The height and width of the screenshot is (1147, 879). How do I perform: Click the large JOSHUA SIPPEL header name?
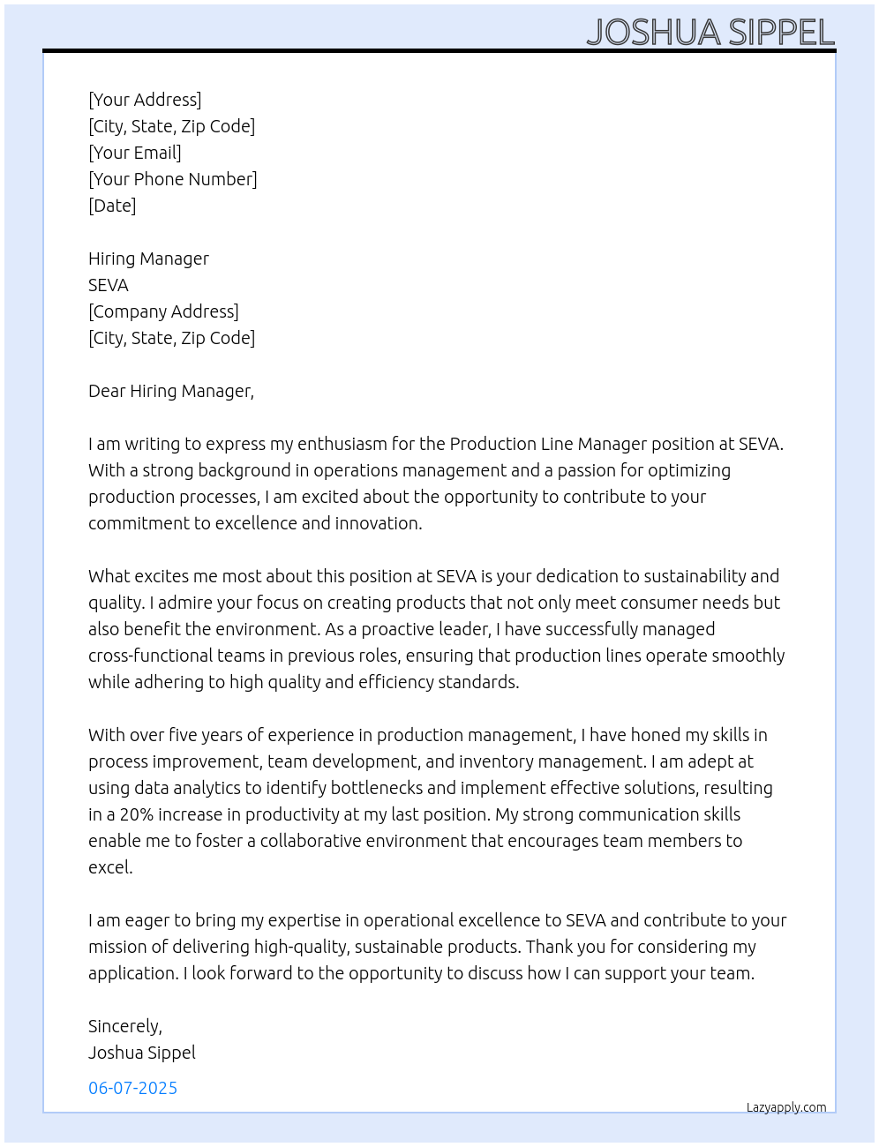tap(710, 32)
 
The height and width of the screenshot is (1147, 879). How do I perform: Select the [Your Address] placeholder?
tap(145, 100)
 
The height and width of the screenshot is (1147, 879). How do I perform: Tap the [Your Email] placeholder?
tap(135, 153)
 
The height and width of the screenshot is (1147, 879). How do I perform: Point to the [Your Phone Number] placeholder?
tap(173, 179)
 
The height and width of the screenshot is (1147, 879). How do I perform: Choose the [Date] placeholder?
tap(112, 206)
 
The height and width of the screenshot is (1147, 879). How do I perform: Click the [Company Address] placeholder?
tap(163, 311)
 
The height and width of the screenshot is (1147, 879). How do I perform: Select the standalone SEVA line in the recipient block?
tap(109, 285)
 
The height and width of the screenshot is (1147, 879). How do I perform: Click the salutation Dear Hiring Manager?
tap(171, 391)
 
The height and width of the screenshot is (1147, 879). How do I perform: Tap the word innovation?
tap(379, 523)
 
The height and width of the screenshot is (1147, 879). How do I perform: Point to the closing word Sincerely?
tap(124, 1026)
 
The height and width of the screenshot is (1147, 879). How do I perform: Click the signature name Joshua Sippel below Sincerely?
tap(142, 1053)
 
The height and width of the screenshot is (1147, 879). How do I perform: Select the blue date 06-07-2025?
tap(132, 1088)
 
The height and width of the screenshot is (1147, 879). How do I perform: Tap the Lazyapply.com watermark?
tap(786, 1107)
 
